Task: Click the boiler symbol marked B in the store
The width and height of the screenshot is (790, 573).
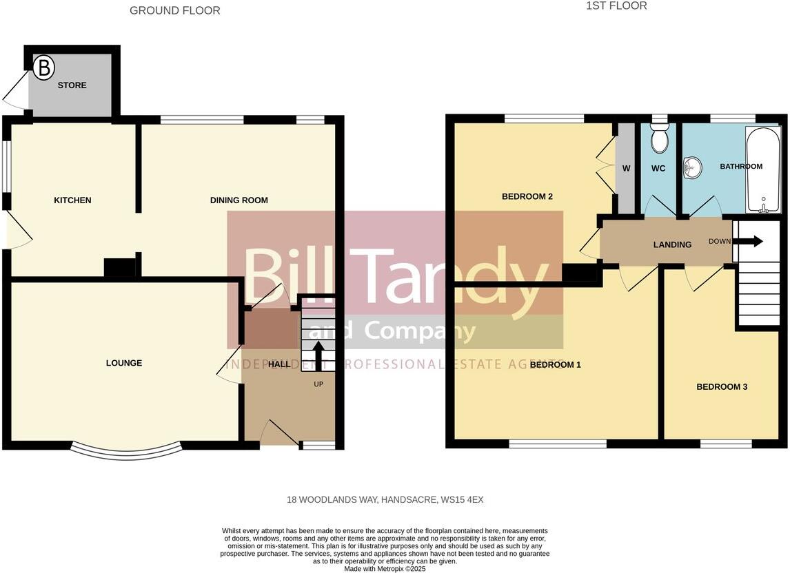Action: coord(44,68)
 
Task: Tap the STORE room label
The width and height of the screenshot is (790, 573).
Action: coord(72,85)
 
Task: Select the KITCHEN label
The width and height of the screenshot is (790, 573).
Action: coord(72,200)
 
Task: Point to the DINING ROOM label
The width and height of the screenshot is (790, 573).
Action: coord(239,200)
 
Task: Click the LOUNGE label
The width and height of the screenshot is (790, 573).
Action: coord(124,363)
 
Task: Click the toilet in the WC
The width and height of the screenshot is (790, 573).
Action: coord(660,138)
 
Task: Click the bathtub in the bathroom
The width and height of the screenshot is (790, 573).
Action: coord(762,169)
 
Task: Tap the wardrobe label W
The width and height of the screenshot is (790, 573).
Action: coord(626,169)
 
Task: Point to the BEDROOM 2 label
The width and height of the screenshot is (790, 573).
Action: coord(527,196)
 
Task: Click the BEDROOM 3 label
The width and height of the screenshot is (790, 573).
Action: coord(722,387)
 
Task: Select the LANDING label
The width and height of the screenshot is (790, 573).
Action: coord(672,244)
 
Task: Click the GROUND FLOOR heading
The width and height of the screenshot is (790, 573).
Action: coord(175,10)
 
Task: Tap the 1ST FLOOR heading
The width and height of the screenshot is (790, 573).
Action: coord(616,6)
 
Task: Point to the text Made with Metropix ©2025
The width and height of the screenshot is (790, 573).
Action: coord(385,569)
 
